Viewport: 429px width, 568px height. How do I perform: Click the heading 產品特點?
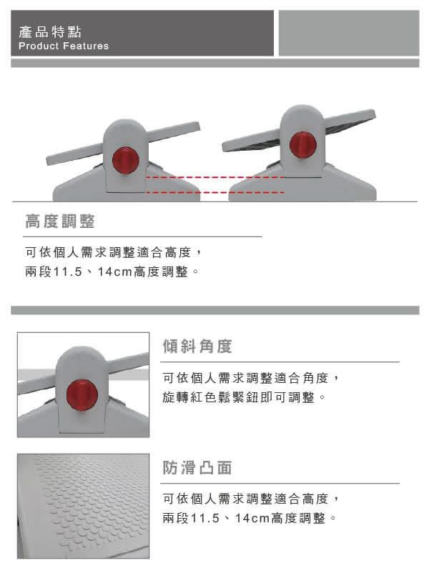tap(49, 32)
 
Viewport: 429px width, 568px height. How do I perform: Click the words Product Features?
tap(64, 46)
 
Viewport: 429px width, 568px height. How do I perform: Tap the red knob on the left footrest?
tap(125, 160)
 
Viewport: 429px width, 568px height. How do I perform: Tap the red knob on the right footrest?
tap(302, 145)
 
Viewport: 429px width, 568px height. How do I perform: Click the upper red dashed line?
tap(214, 177)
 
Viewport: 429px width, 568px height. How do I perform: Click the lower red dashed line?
tap(214, 192)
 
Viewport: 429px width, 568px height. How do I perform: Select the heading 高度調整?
tap(60, 221)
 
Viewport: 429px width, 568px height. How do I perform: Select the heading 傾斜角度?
tap(197, 346)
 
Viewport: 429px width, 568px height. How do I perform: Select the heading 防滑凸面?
tap(197, 467)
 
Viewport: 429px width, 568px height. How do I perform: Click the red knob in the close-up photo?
tap(82, 395)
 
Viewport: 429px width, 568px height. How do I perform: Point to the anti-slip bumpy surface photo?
tap(83, 506)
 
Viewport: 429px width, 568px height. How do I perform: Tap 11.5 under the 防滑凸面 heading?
tap(205, 518)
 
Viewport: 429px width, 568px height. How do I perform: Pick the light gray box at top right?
tap(349, 33)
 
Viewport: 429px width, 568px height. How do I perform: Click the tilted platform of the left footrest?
tap(123, 143)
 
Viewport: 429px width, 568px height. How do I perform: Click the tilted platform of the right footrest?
tap(298, 130)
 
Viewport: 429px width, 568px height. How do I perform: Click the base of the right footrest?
tap(302, 185)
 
